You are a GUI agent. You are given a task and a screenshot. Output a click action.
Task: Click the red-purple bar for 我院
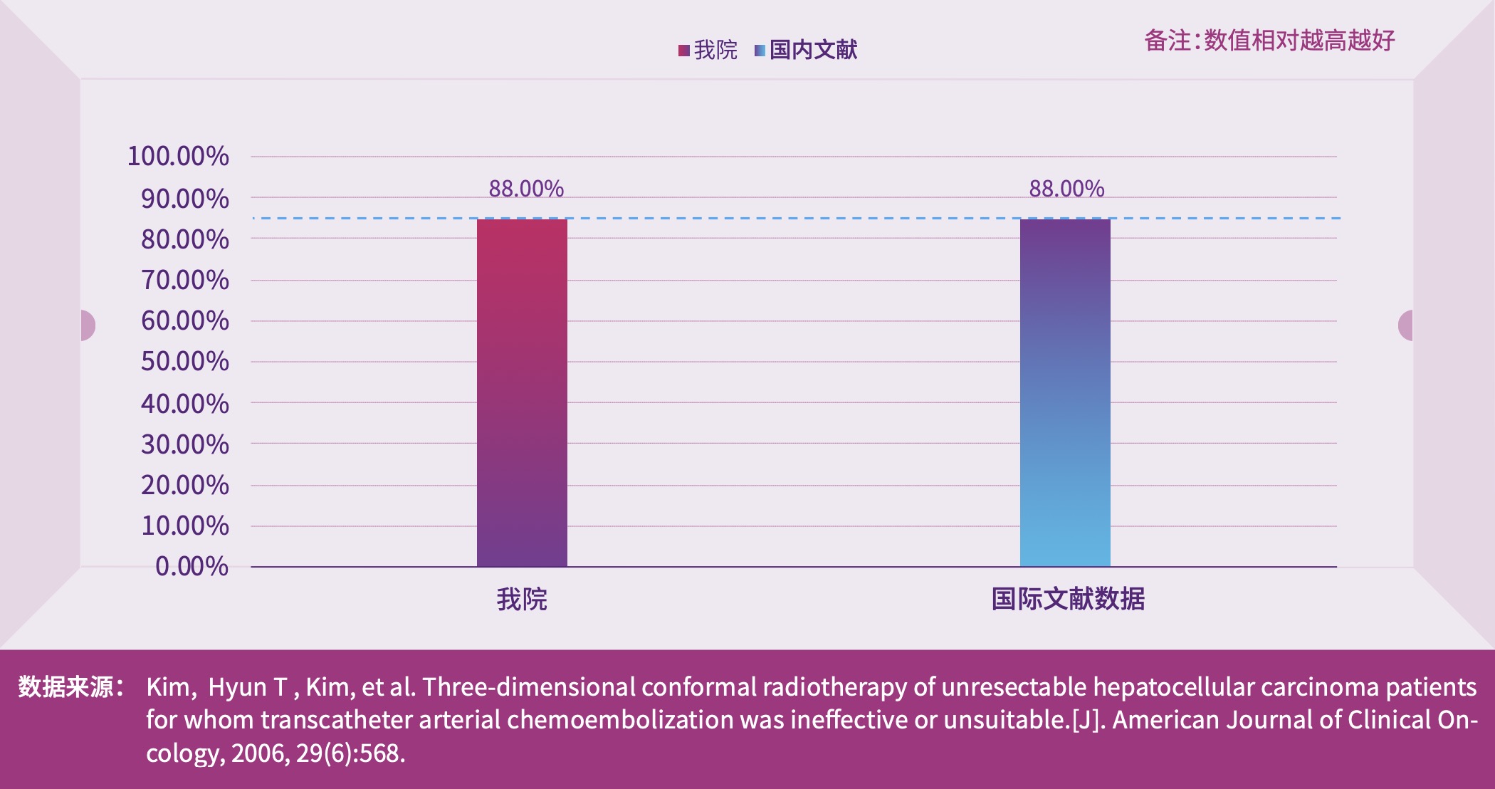pos(522,392)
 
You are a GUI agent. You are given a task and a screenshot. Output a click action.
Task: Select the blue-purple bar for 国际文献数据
pos(1065,392)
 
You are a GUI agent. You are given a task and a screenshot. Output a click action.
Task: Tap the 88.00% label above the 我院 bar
pos(526,189)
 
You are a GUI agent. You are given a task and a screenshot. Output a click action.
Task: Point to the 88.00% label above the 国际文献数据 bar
pos(1066,189)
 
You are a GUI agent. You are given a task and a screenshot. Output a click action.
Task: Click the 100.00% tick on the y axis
pos(178,156)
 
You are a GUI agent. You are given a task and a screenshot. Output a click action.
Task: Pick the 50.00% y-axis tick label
pos(184,361)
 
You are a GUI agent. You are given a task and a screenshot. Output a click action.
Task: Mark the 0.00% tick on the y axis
pos(192,566)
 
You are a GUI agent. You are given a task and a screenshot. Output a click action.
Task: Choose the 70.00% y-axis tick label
pos(184,280)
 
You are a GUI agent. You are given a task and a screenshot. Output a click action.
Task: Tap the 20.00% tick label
pos(184,485)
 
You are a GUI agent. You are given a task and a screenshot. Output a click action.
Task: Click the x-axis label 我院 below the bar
pos(522,599)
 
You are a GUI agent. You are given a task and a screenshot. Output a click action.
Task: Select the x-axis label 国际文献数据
pos(1068,599)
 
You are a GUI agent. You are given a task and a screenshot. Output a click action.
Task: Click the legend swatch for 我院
pos(683,50)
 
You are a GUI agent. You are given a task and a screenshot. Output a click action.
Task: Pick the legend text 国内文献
pos(813,50)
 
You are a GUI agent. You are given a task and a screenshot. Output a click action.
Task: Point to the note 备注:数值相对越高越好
pos(1269,41)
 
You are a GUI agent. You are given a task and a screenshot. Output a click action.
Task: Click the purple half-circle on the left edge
pos(88,325)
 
